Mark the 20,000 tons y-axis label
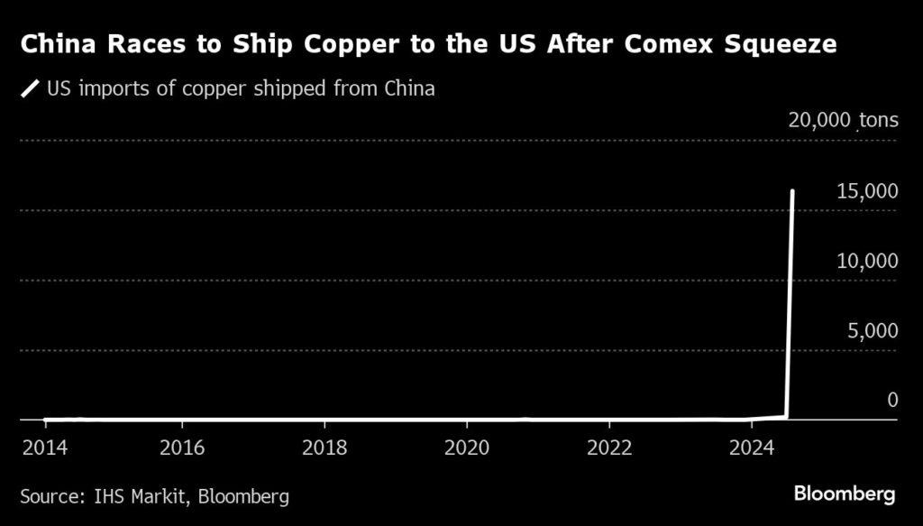point(843,120)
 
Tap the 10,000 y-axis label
point(866,261)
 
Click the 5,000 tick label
point(872,330)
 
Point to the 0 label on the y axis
point(892,400)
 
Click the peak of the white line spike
point(793,191)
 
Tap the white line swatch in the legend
point(31,89)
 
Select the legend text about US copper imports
point(241,89)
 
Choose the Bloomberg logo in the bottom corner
point(844,494)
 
